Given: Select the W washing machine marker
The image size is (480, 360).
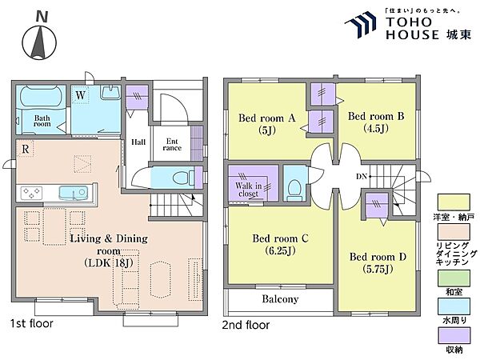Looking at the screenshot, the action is (x=80, y=95).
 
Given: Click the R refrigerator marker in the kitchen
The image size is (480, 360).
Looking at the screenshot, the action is (x=26, y=149).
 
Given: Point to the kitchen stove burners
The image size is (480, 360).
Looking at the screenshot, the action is (x=31, y=193).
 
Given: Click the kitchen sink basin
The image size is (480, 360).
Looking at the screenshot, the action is (x=74, y=193).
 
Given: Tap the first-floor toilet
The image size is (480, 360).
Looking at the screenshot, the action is (x=183, y=178).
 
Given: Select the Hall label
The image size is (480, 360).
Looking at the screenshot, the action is (x=138, y=142).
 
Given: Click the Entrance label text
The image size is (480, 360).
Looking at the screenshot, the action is (x=172, y=145).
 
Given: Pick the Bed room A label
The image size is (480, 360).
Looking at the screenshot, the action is (x=266, y=118).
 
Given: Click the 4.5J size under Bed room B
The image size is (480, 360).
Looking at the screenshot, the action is (x=376, y=128).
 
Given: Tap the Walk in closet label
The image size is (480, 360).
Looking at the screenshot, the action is (x=249, y=190).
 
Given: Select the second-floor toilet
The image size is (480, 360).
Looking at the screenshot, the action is (x=294, y=189).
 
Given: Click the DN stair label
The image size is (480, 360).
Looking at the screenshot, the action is (x=362, y=177).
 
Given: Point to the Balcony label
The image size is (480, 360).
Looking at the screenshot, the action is (x=280, y=298).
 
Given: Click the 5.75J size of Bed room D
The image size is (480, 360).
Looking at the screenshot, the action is (x=378, y=269).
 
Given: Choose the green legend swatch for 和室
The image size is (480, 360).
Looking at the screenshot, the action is (x=454, y=278).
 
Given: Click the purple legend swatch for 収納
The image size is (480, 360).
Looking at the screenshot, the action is (x=454, y=336).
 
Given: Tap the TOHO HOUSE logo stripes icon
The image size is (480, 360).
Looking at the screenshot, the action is (x=361, y=25).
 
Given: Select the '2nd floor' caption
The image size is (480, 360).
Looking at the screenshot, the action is (x=246, y=325).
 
